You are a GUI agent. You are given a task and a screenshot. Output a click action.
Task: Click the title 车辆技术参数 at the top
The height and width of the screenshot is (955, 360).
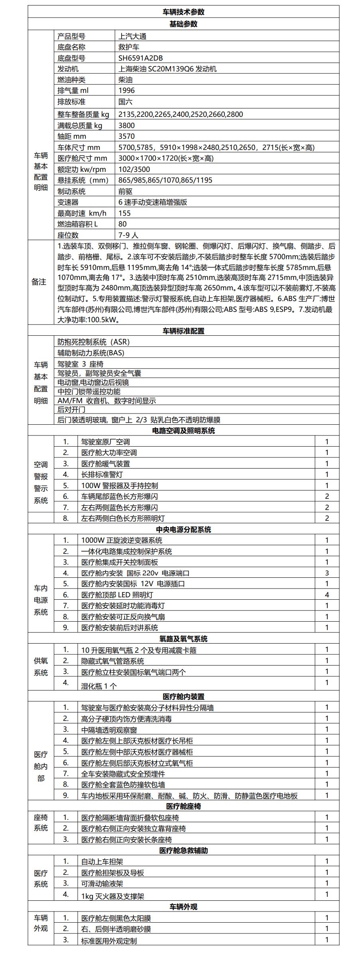(x=183, y=12)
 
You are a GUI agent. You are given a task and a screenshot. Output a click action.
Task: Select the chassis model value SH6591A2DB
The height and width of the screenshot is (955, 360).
(x=140, y=58)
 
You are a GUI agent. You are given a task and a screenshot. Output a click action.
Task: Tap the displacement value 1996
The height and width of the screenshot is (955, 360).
(x=127, y=91)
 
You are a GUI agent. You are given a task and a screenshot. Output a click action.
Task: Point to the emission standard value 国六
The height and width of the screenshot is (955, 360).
(x=125, y=102)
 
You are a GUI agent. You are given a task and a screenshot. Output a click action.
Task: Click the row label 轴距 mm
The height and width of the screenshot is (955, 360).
(x=72, y=136)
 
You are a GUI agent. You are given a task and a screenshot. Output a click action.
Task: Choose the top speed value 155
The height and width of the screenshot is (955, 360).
(x=125, y=213)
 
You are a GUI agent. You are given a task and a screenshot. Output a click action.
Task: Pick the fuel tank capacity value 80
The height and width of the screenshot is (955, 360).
(x=123, y=224)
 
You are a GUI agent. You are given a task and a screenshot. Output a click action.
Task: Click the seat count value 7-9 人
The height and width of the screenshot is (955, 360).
(x=128, y=235)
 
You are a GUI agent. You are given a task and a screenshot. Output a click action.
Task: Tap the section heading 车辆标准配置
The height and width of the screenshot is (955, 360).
(x=183, y=331)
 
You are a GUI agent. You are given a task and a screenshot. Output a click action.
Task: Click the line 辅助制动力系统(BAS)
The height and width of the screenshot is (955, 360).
(x=91, y=352)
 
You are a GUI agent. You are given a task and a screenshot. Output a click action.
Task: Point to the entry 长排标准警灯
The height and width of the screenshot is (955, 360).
(x=102, y=475)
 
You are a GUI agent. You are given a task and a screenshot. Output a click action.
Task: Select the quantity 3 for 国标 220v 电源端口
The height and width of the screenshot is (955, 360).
(x=327, y=573)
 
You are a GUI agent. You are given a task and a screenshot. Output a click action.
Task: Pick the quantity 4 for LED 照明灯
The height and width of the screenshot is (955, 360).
(x=327, y=595)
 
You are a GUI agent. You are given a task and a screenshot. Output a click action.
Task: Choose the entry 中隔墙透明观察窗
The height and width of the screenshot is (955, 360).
(x=109, y=730)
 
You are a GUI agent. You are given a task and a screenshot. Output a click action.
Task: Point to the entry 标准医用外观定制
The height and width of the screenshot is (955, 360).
(x=109, y=941)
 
